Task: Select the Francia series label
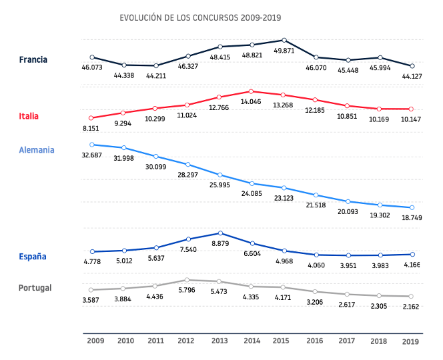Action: [x=33, y=60]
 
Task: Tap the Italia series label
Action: [x=29, y=116]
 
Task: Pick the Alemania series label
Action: [x=37, y=150]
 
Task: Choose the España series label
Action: [x=33, y=256]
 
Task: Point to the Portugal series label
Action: [x=35, y=288]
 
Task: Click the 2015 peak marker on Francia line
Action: [x=284, y=41]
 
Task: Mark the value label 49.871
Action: [x=284, y=51]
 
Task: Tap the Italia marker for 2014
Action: [x=251, y=91]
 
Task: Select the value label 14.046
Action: [x=252, y=102]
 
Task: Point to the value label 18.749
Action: [x=411, y=218]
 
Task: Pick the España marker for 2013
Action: [x=219, y=233]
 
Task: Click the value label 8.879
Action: [x=221, y=245]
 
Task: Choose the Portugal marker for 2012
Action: [x=187, y=280]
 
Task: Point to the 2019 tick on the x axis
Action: [x=411, y=341]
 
